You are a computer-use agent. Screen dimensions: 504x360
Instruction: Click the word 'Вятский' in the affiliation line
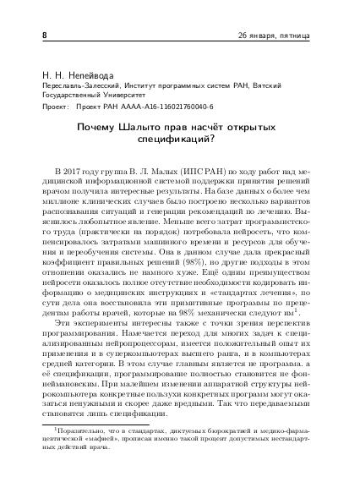290,87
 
